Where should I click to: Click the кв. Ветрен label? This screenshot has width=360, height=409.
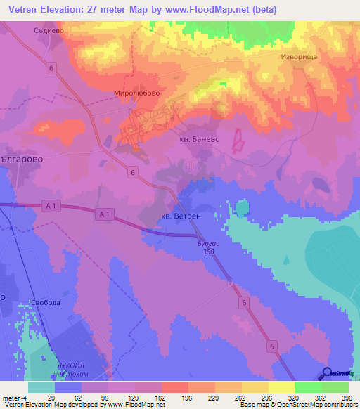pyautogui.click(x=181, y=216)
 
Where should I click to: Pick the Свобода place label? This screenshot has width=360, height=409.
pyautogui.click(x=46, y=303)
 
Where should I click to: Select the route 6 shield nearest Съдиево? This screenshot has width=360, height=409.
pyautogui.click(x=52, y=67)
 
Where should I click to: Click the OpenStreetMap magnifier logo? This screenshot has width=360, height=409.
pyautogui.click(x=328, y=372)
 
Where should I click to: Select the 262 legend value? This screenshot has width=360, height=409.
pyautogui.click(x=241, y=397)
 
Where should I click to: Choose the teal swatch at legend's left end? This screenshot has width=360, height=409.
pyautogui.click(x=41, y=387)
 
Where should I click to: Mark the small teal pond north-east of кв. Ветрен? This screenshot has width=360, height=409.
pyautogui.click(x=241, y=208)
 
